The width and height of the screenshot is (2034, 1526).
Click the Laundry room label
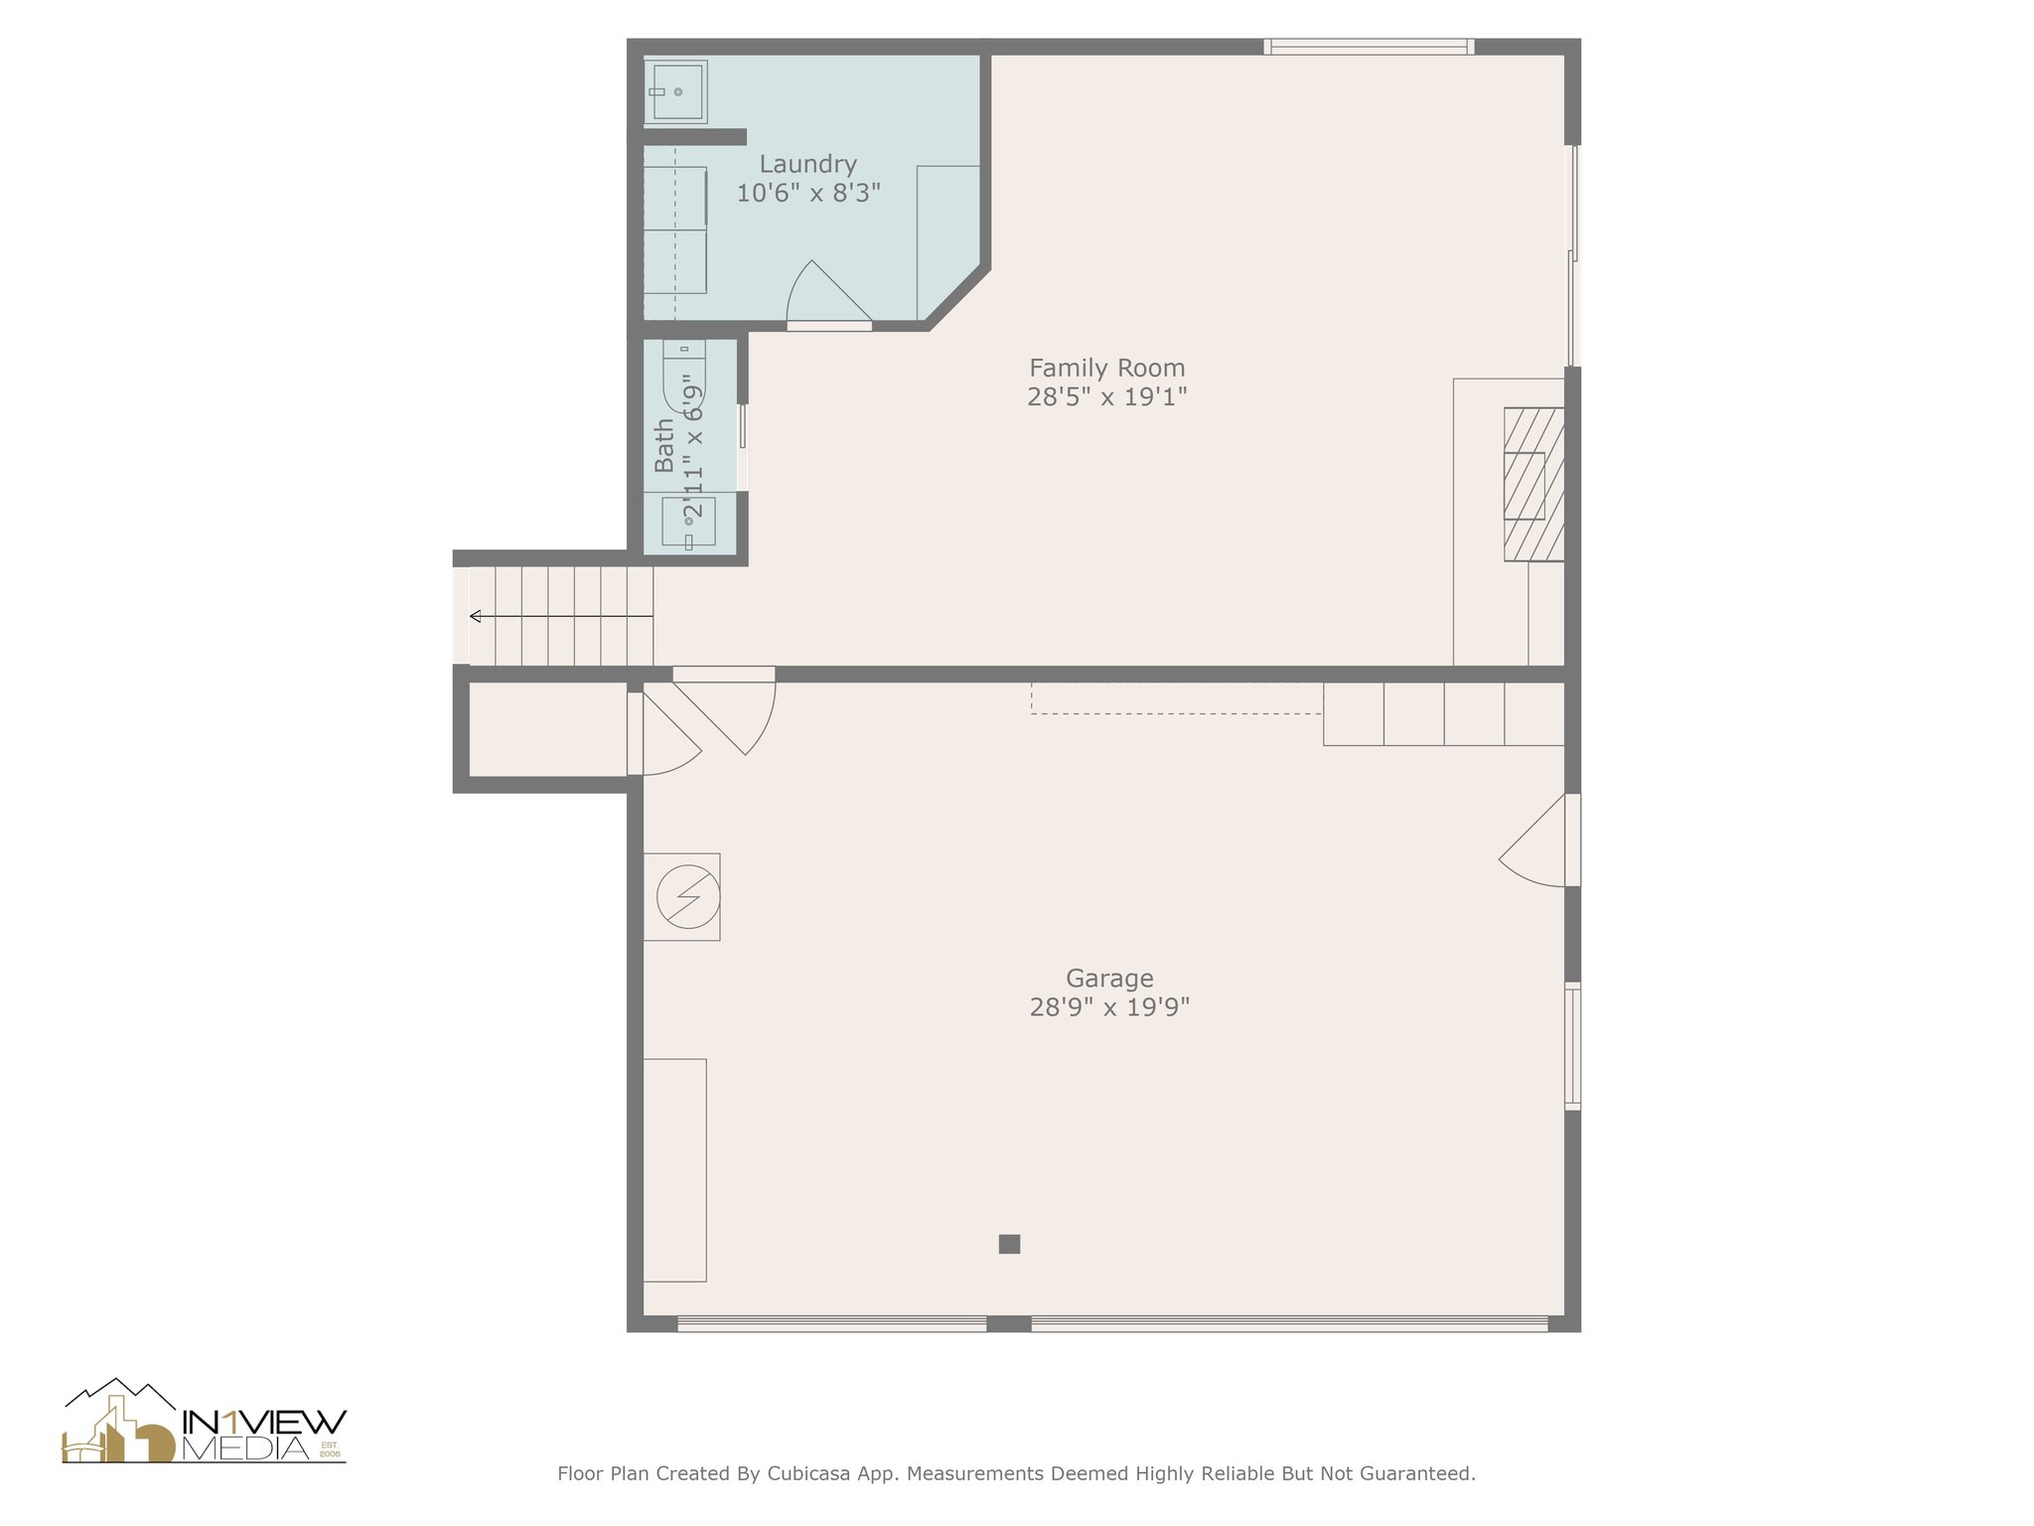(807, 164)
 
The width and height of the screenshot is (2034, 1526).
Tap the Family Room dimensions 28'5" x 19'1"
(1106, 397)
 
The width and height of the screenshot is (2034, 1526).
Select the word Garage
(1109, 979)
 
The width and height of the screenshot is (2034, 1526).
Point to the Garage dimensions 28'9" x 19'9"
(1109, 1007)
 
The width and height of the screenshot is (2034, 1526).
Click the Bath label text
(664, 445)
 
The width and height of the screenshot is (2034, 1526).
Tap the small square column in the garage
(1009, 1244)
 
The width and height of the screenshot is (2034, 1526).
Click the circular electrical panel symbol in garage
(687, 897)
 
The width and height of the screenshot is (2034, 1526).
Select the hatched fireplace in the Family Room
(1533, 485)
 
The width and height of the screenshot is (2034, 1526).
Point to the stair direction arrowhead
(475, 616)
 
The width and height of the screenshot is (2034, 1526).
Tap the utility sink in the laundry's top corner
(675, 92)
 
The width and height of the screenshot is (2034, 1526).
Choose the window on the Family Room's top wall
(1369, 46)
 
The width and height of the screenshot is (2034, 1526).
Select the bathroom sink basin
(688, 521)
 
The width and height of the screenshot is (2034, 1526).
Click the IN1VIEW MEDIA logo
(205, 1421)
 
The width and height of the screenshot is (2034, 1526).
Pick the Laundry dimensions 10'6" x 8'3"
(808, 193)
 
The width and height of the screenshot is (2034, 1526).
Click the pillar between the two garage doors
(1008, 1323)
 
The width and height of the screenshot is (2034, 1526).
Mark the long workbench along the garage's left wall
(674, 1170)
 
